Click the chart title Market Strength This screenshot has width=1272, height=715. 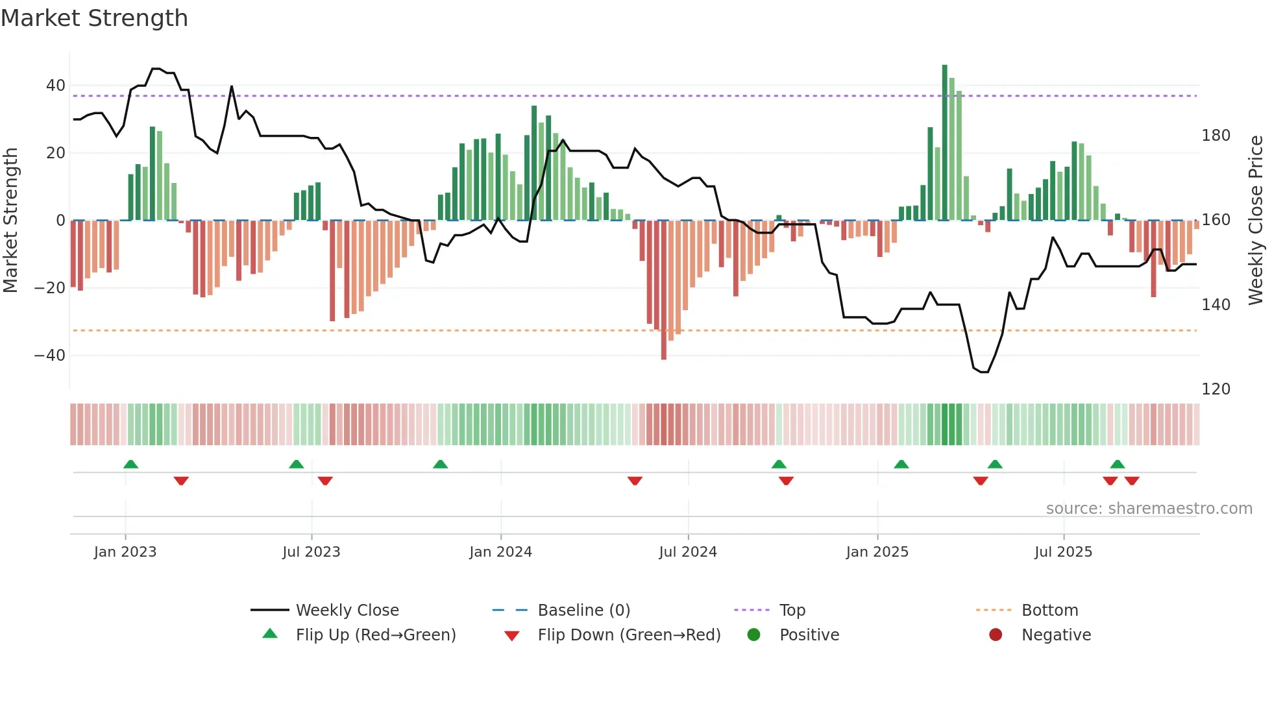tap(94, 18)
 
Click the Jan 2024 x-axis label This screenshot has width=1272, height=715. tap(500, 552)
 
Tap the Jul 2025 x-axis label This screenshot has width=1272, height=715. tap(1063, 552)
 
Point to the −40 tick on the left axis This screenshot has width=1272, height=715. tap(50, 356)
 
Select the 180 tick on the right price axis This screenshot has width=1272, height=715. tap(1216, 136)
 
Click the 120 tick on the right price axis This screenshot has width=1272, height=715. tap(1216, 389)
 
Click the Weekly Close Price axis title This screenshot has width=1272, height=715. tap(1256, 221)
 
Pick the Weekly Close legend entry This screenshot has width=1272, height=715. tap(347, 611)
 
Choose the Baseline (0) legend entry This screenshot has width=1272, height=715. tap(583, 611)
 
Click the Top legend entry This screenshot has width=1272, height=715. tap(792, 611)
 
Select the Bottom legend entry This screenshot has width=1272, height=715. tap(1049, 611)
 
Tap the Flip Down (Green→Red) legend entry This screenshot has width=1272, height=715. tap(628, 635)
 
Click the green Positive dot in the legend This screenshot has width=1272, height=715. tap(753, 635)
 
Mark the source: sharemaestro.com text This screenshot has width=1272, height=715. tap(1149, 509)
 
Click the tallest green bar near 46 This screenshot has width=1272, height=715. tap(945, 143)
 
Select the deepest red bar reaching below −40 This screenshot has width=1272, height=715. tap(663, 292)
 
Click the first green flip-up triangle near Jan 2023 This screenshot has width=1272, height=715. tap(130, 465)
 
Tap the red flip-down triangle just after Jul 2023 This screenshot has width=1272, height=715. tap(325, 481)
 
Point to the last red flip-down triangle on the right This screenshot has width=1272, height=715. tap(1132, 481)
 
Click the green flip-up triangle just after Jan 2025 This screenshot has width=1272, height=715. tap(901, 465)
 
